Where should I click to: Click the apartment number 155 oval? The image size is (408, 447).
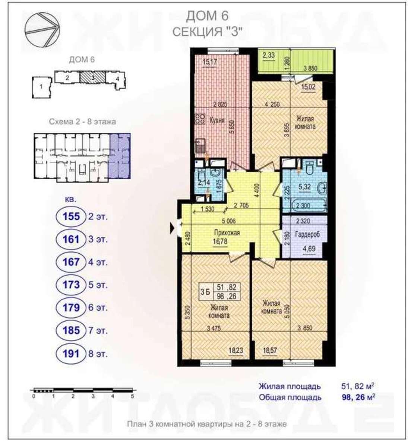(71, 216)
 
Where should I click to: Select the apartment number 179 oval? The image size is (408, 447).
(71, 308)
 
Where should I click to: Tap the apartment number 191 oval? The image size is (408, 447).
(71, 354)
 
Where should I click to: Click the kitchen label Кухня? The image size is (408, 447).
(217, 121)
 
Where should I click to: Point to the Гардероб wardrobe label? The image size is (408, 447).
(307, 234)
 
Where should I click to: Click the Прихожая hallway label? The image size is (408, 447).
(227, 233)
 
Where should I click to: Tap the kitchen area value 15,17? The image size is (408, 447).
(209, 62)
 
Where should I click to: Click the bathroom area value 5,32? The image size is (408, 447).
(305, 187)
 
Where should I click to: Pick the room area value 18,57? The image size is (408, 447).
(270, 351)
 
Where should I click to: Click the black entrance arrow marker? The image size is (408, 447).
(173, 228)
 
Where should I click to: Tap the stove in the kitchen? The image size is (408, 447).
(200, 119)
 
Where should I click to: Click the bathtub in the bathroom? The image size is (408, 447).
(309, 205)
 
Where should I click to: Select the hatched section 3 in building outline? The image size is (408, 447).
(92, 77)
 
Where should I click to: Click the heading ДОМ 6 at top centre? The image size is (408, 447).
(207, 16)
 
